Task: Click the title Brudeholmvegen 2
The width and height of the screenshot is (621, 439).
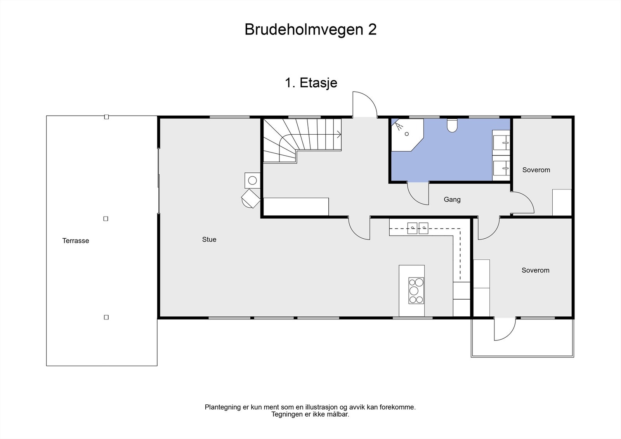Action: (x=310, y=29)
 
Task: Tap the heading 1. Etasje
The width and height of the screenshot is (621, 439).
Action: (x=311, y=83)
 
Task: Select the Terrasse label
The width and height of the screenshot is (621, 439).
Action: (x=76, y=241)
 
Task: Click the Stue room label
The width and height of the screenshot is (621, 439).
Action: (x=209, y=239)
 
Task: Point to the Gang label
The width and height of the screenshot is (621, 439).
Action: (x=452, y=200)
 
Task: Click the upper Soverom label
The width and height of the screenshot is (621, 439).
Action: (x=536, y=170)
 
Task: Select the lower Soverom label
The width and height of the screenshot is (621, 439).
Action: (x=535, y=270)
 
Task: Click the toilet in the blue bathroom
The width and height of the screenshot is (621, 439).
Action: (x=452, y=125)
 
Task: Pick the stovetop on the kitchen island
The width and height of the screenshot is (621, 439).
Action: (x=416, y=290)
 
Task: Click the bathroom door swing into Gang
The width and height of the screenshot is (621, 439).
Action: (x=418, y=193)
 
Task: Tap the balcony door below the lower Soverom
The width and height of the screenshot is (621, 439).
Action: (x=504, y=329)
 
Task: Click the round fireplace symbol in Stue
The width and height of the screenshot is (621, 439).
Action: (x=252, y=180)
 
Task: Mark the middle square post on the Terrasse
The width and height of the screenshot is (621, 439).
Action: (x=106, y=219)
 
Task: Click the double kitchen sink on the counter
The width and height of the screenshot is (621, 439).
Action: (x=418, y=228)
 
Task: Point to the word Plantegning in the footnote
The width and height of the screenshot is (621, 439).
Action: (x=222, y=407)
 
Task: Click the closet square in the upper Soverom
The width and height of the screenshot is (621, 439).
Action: (x=562, y=202)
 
